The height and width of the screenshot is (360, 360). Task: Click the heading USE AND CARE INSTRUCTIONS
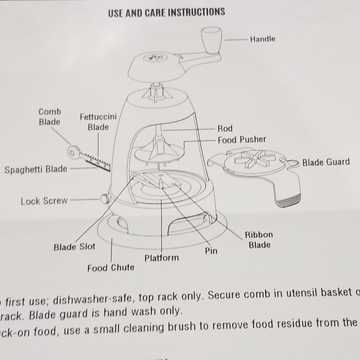166,12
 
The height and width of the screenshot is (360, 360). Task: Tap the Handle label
262,39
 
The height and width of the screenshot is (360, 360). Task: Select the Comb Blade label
50,117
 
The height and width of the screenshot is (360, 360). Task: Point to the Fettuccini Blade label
98,122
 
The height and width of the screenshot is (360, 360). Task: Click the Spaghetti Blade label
36,169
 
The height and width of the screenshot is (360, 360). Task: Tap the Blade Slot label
74,247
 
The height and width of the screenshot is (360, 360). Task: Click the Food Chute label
110,268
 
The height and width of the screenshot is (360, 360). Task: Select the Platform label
161,258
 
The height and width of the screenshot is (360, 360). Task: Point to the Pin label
211,251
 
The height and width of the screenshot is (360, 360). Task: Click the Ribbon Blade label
258,240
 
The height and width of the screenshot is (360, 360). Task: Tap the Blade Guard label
325,163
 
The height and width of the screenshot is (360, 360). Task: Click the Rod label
225,128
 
